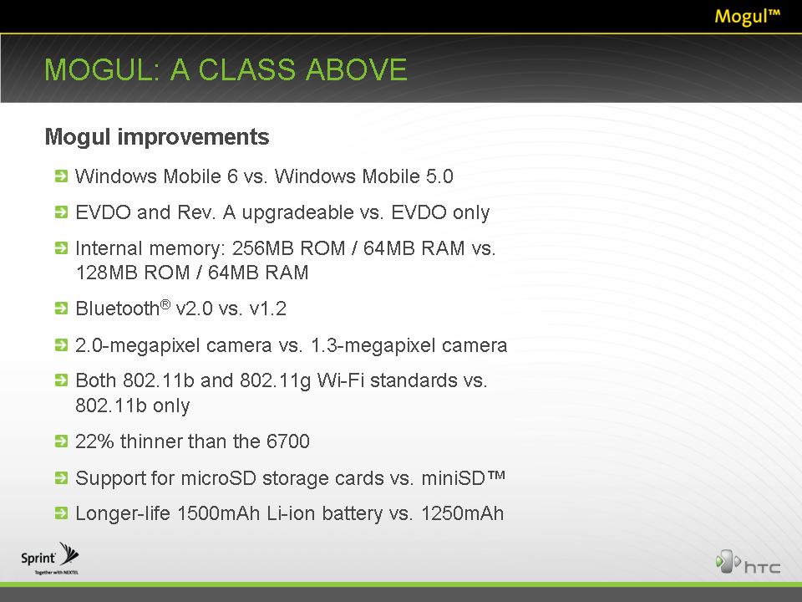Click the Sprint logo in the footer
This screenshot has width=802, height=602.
(x=49, y=558)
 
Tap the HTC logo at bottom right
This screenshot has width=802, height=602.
(x=748, y=562)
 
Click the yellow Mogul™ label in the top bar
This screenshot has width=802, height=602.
(x=747, y=16)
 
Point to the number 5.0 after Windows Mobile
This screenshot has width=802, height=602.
(x=439, y=176)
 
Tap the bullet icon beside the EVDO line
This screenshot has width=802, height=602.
(x=61, y=212)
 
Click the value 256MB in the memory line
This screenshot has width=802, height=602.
(x=263, y=248)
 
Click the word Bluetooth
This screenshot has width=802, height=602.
(x=118, y=309)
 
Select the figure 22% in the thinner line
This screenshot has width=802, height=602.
(x=94, y=441)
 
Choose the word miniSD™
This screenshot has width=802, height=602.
(x=464, y=478)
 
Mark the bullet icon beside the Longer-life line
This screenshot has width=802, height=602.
(x=61, y=513)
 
